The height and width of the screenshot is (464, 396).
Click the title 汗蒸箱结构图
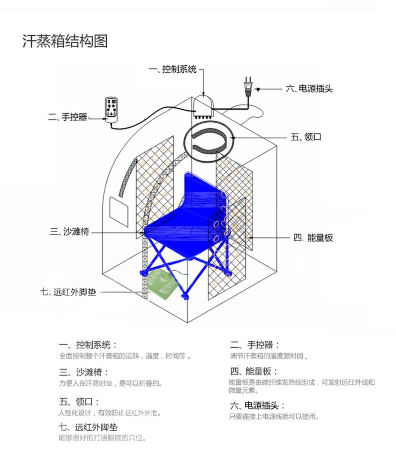tap(65, 41)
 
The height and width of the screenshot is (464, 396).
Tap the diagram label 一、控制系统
tap(172, 69)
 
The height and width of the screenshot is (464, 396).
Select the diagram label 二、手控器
tap(67, 117)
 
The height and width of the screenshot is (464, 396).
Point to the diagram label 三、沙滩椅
tap(70, 232)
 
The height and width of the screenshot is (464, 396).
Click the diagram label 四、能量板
tap(313, 238)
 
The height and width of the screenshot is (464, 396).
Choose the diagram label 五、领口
tap(306, 137)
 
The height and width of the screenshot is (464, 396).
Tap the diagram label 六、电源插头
tap(309, 89)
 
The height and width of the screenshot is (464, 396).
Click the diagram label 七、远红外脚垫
tap(68, 292)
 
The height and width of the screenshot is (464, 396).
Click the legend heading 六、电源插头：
tap(257, 405)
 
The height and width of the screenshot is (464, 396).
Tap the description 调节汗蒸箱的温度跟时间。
tap(269, 356)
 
